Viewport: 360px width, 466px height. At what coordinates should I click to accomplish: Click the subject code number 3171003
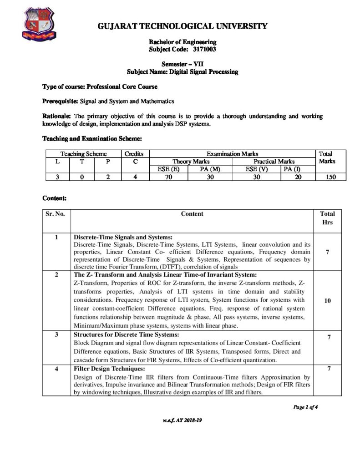201,49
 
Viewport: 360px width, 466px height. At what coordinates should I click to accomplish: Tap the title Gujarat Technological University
182,26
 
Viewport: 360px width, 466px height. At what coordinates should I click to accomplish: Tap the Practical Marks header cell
274,162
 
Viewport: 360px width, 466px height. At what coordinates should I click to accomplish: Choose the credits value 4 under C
136,177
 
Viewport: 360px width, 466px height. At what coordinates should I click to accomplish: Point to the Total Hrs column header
327,218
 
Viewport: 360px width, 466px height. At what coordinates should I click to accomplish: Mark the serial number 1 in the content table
56,237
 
